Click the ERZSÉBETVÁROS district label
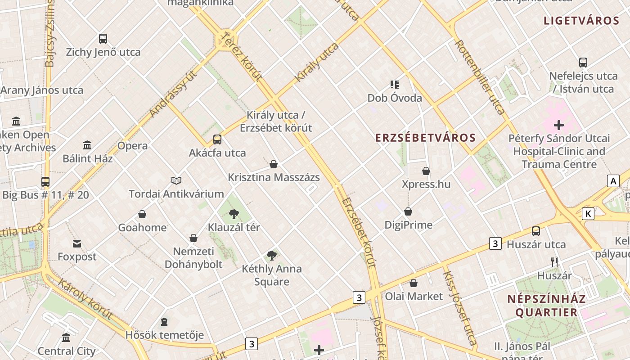tap(425, 138)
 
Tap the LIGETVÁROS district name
tap(581, 21)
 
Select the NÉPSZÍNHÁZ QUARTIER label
tap(546, 306)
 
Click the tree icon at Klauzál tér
tap(234, 214)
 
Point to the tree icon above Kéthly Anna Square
tap(271, 256)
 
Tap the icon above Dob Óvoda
tap(395, 84)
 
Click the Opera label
tap(132, 146)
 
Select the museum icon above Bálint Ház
tap(87, 145)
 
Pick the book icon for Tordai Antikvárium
tap(176, 180)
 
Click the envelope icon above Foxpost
tap(77, 244)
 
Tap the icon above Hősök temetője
tap(164, 322)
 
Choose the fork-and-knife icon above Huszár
tap(554, 262)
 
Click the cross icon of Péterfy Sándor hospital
tap(559, 125)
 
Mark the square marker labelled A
tap(613, 181)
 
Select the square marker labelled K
tap(588, 214)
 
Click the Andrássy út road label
tap(174, 94)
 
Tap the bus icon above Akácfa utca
tap(217, 139)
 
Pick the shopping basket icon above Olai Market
tap(414, 283)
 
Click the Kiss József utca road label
tap(459, 308)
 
